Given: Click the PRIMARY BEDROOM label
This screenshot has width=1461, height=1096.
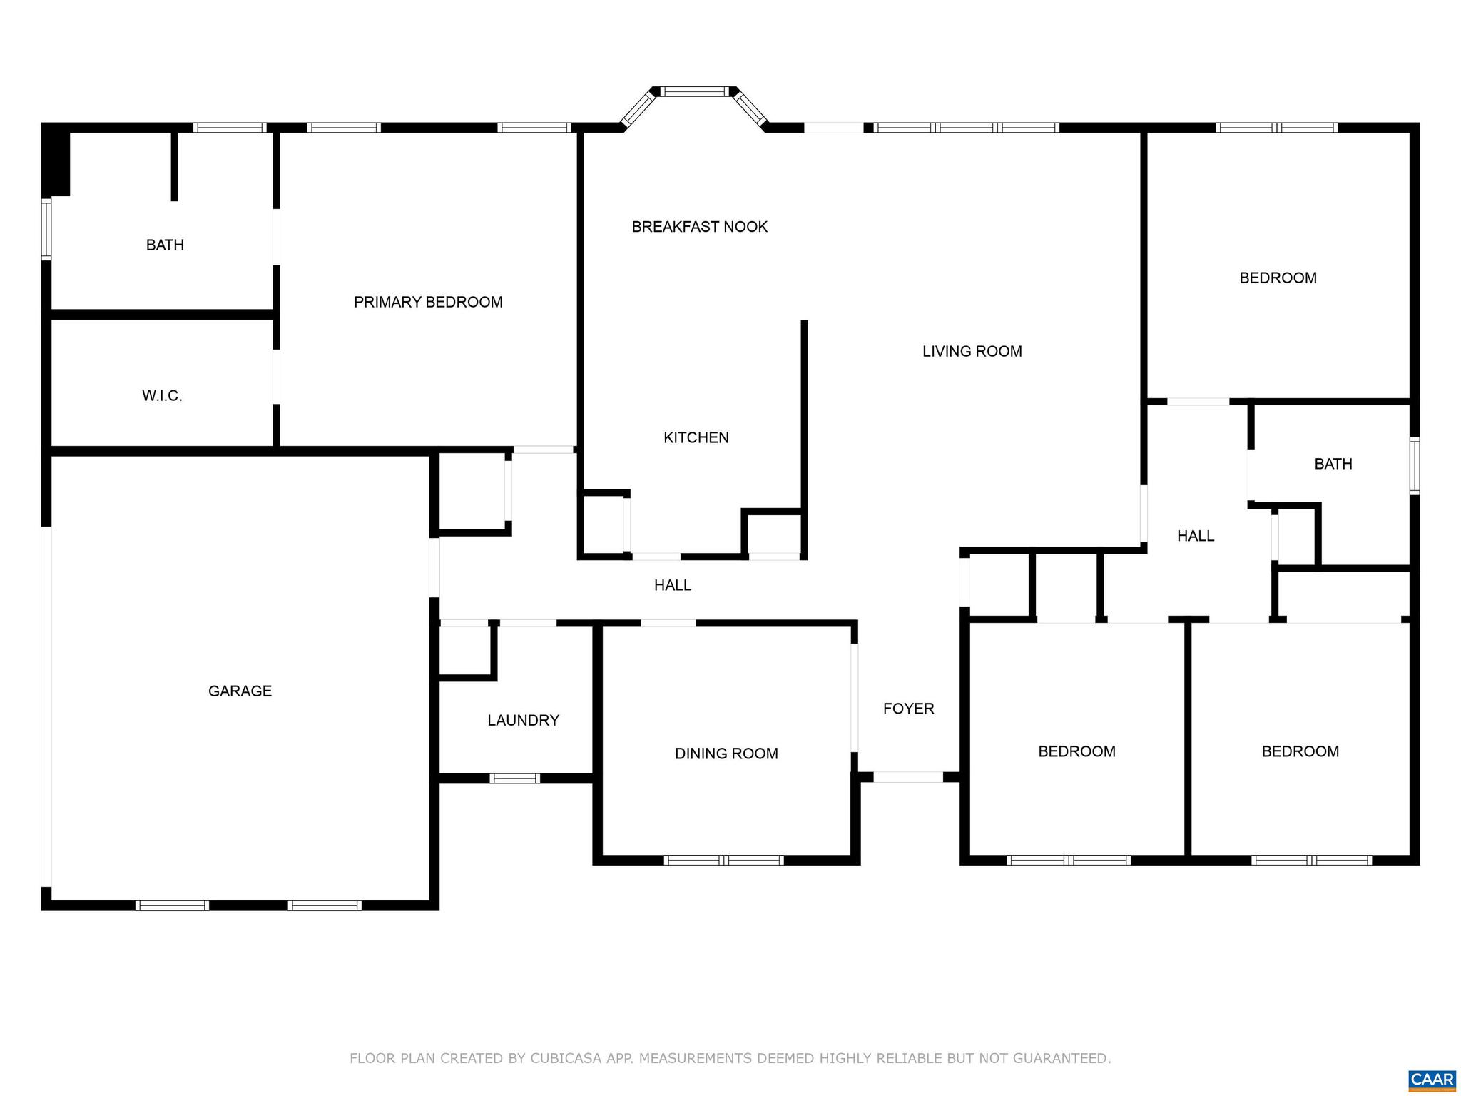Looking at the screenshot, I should pyautogui.click(x=428, y=302).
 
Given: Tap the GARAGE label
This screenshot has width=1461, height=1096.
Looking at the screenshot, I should pyautogui.click(x=240, y=691).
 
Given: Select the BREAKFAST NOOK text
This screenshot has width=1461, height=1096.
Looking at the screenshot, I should pyautogui.click(x=699, y=227).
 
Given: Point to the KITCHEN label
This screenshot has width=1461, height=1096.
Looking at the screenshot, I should pyautogui.click(x=696, y=437).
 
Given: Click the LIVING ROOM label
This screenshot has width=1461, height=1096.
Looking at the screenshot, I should pyautogui.click(x=972, y=351).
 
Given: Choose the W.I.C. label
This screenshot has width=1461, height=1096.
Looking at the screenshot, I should pyautogui.click(x=162, y=395).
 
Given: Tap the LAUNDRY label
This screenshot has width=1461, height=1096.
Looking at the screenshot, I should pyautogui.click(x=523, y=720).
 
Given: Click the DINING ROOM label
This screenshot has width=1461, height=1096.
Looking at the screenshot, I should pyautogui.click(x=726, y=753).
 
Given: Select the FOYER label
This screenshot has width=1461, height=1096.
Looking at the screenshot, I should pyautogui.click(x=908, y=709).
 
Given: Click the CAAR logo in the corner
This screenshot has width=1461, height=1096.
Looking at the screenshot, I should pyautogui.click(x=1432, y=1079).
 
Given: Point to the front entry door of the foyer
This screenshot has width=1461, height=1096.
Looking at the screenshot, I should pyautogui.click(x=908, y=777).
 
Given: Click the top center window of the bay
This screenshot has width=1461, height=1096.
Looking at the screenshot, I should pyautogui.click(x=694, y=91).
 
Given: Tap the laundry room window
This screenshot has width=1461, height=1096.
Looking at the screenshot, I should pyautogui.click(x=514, y=778).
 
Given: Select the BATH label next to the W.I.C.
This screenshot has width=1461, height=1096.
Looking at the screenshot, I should pyautogui.click(x=165, y=245).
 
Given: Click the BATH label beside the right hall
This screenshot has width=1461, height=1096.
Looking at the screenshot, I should pyautogui.click(x=1333, y=464).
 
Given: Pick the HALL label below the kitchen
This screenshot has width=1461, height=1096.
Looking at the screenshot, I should pyautogui.click(x=672, y=585).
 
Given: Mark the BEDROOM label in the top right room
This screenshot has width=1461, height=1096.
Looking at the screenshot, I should pyautogui.click(x=1278, y=278).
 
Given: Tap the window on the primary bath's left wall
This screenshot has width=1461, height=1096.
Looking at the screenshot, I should pyautogui.click(x=46, y=229).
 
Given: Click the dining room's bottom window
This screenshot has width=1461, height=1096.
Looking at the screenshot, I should pyautogui.click(x=723, y=860).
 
